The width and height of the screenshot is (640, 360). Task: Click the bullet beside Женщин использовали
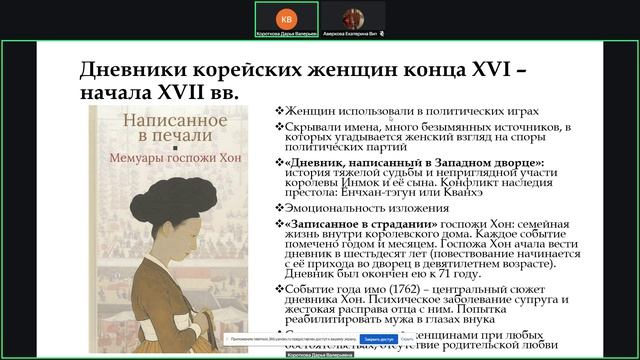280,111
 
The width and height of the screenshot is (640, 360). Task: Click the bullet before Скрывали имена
280,127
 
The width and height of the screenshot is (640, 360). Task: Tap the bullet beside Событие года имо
280,289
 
